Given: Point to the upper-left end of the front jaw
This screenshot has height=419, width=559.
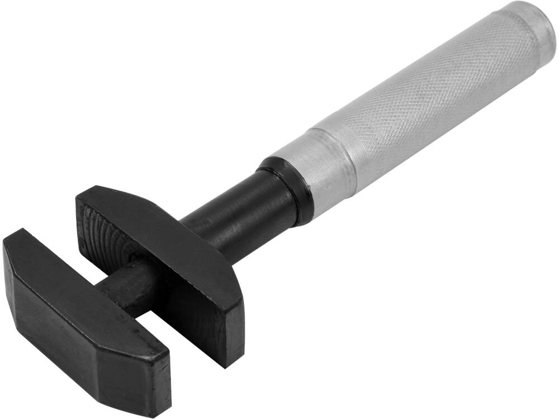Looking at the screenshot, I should click(x=17, y=246).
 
